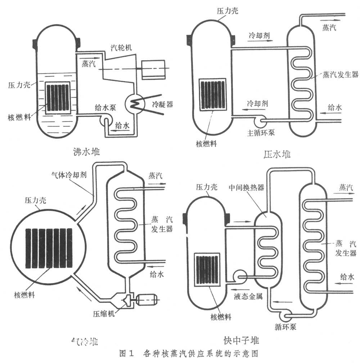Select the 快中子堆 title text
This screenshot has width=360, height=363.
[x=241, y=340]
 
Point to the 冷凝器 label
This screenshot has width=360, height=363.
[x=162, y=104]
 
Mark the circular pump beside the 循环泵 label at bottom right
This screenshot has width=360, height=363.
[x=287, y=316]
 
